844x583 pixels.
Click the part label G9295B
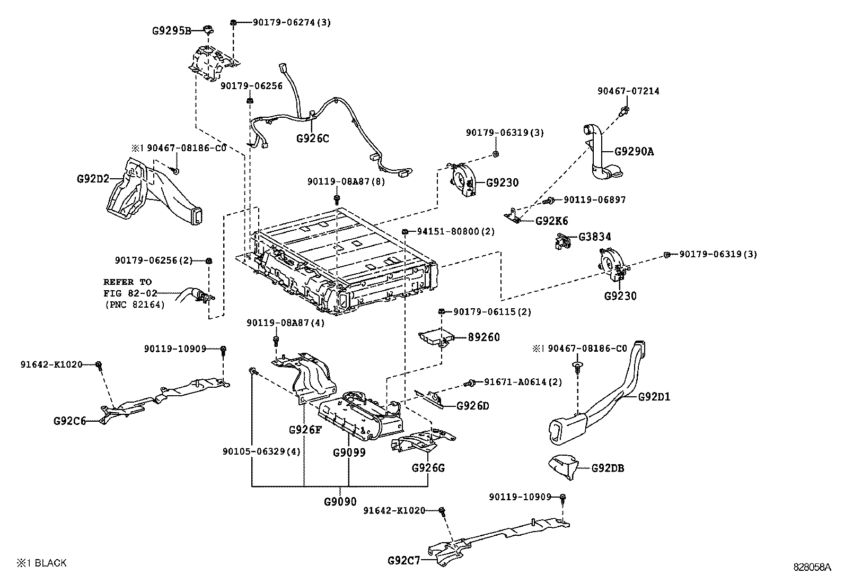[x=171, y=31]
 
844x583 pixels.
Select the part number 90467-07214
[x=628, y=91]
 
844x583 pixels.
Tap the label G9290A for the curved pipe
[x=634, y=152]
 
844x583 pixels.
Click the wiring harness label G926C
[x=312, y=138]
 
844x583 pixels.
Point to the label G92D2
[x=92, y=179]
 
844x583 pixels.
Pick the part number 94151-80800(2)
[x=455, y=232]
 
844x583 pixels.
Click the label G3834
[x=594, y=237]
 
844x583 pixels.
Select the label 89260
[x=483, y=337]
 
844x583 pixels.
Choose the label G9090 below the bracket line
[x=340, y=501]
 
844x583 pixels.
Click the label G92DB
[x=607, y=468]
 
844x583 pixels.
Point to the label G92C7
[x=403, y=560]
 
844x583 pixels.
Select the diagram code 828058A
[x=812, y=567]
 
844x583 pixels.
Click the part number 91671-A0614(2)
[x=522, y=382]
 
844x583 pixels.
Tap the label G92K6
[x=551, y=221]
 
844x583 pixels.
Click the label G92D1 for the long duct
[x=654, y=396]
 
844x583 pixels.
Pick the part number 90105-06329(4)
[x=261, y=451]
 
